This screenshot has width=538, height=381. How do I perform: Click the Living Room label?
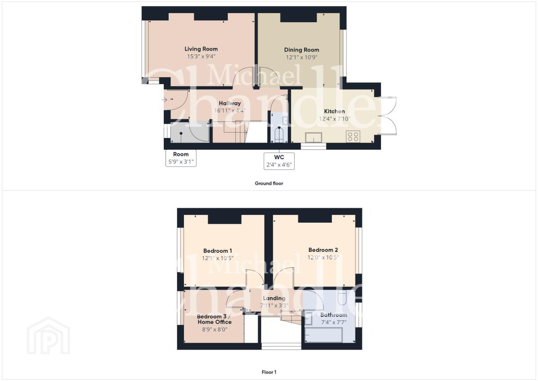[x=201, y=49]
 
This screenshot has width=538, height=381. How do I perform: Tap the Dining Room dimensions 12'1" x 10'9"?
[x=302, y=57]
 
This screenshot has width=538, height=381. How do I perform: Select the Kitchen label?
[x=334, y=111]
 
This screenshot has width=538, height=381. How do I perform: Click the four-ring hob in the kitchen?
[x=353, y=137]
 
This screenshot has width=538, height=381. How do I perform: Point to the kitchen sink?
[x=314, y=138]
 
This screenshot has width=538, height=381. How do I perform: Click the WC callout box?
[x=279, y=161]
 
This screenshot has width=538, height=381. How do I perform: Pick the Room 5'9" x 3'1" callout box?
[x=181, y=158]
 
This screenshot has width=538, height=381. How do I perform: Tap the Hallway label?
[x=230, y=103]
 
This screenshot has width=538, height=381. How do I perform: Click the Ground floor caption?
[x=269, y=183]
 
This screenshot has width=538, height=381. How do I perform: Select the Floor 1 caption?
[x=269, y=372]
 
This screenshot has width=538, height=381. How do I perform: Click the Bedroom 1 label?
[x=218, y=251]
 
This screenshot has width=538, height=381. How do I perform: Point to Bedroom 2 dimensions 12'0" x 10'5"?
[x=323, y=258]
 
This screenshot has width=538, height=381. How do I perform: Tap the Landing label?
[x=274, y=298]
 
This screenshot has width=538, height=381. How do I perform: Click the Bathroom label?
[x=334, y=315]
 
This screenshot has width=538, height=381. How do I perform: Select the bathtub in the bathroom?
[x=323, y=334]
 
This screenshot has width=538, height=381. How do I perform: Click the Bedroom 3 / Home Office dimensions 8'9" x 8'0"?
[x=215, y=329]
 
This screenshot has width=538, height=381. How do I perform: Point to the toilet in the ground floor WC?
[x=279, y=134]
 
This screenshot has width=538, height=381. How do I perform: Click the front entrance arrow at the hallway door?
[x=165, y=99]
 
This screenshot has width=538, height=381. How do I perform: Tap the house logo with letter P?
[x=48, y=335]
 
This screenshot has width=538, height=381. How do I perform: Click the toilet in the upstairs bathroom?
[x=342, y=297]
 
